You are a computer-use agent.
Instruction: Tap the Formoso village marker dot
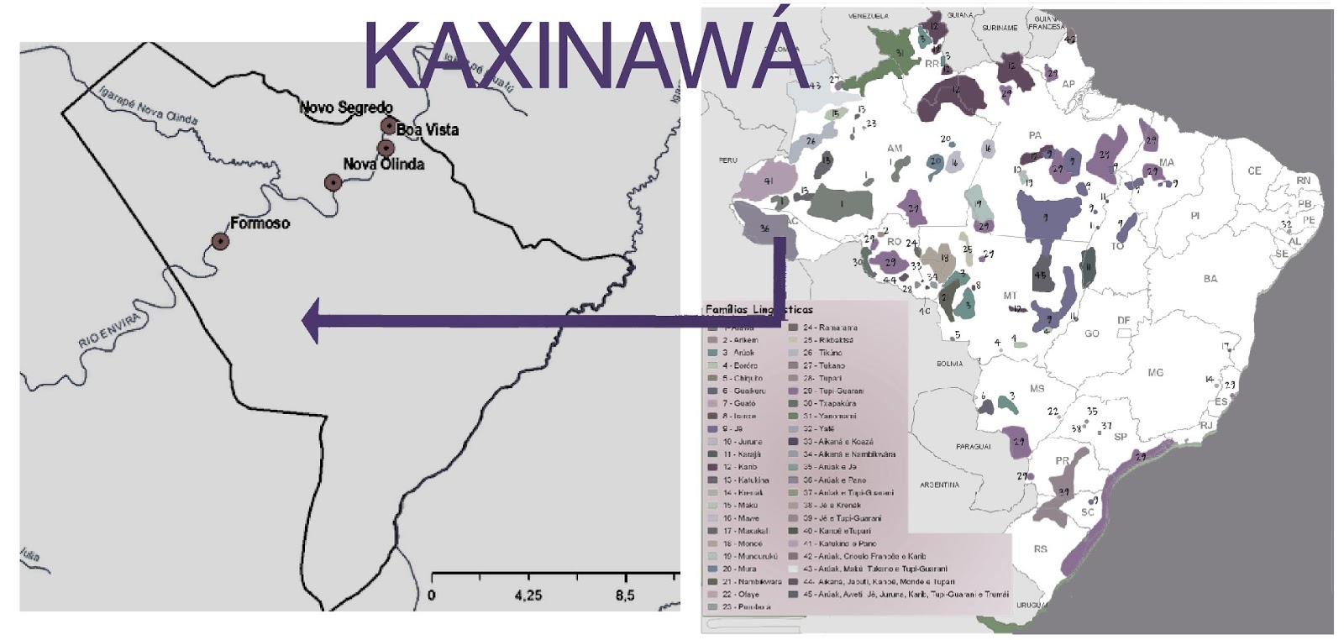(220, 241)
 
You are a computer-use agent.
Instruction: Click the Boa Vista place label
(428, 130)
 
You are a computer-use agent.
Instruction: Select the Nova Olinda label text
(384, 165)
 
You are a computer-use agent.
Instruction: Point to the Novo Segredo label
(346, 108)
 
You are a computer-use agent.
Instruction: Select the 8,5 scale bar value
(625, 595)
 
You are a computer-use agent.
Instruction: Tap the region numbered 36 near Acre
(763, 228)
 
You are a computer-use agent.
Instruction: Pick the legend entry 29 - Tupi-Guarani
(832, 391)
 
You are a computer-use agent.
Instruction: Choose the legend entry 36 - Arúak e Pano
(833, 480)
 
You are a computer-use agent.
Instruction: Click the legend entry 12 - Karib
(741, 466)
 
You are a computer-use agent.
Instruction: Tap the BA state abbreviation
(1210, 279)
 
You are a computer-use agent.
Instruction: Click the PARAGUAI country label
(973, 447)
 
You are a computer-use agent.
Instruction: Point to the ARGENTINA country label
(939, 485)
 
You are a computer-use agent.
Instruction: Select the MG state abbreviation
(1155, 372)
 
